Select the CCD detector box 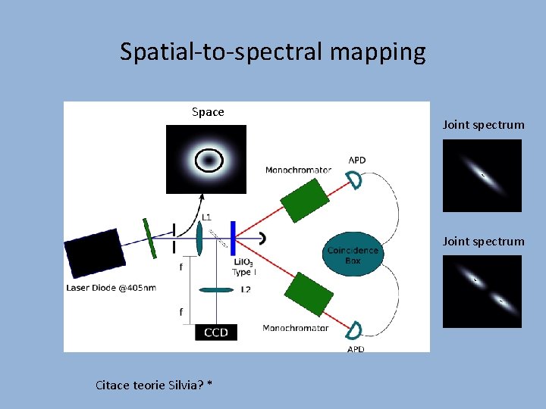click(215, 332)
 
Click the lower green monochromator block click(308, 294)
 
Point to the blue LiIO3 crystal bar click(233, 238)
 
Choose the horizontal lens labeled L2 click(216, 289)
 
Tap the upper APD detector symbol click(354, 179)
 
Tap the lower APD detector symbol click(354, 329)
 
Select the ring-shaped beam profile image click(207, 160)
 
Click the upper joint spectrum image click(482, 176)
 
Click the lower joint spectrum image click(482, 291)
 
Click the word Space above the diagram click(208, 112)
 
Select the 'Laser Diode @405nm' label click(111, 288)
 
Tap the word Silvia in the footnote click(185, 385)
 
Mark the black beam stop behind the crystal click(262, 238)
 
